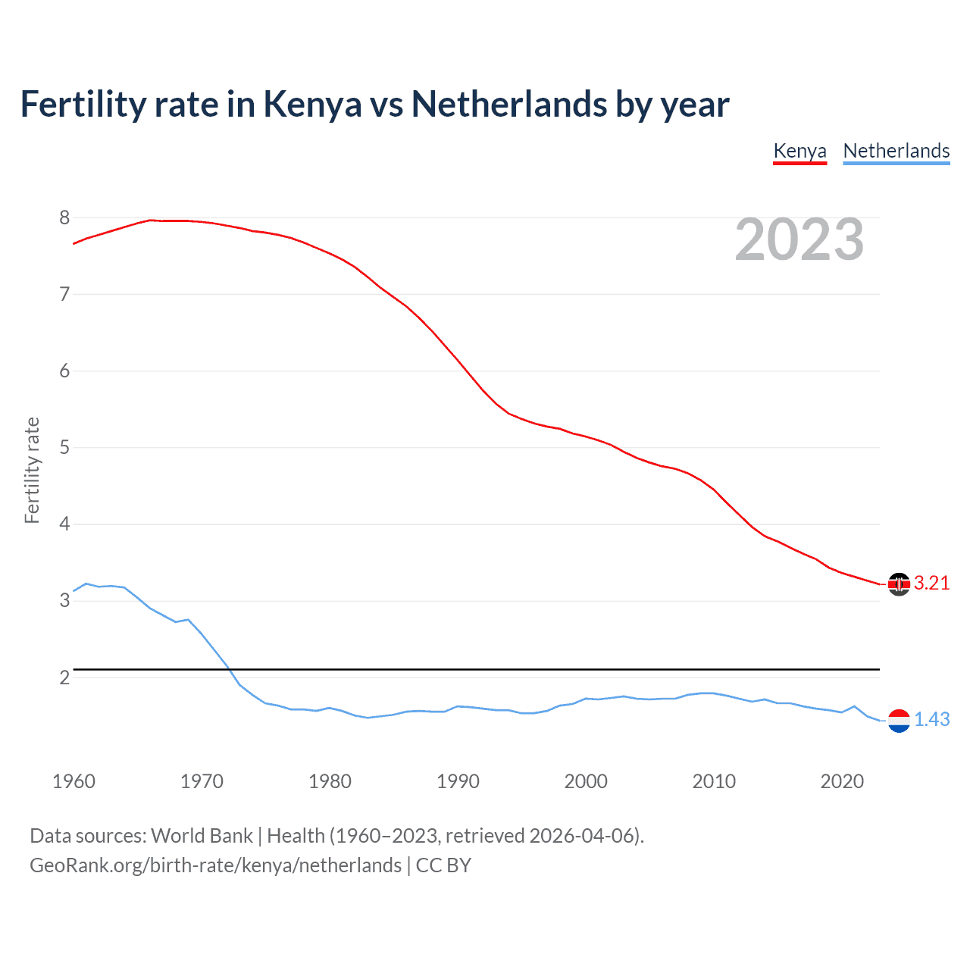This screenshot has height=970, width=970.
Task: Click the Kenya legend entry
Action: point(799,151)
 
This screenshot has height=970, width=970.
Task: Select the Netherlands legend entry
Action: point(896,151)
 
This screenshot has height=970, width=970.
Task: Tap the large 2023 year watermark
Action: point(799,239)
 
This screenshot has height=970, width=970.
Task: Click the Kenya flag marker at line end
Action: point(899,584)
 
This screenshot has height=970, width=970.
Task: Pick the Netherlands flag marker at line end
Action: point(899,720)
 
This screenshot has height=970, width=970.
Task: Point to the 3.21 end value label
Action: point(931,583)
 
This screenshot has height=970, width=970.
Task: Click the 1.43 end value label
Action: point(931,719)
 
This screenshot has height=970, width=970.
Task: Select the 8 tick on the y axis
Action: point(64,218)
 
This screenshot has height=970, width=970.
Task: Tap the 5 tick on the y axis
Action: point(64,448)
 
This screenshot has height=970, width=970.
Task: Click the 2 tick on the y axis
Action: point(64,677)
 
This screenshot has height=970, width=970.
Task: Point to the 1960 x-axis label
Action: point(74,781)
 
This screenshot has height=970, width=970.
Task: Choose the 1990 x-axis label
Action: point(458,781)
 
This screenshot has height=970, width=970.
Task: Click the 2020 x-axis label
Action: point(842,781)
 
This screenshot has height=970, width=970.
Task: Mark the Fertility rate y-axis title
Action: point(32,470)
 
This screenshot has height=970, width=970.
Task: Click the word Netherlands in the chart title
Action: point(509,105)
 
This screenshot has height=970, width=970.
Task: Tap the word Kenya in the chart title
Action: point(312,105)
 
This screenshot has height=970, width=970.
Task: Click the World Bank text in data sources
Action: point(202,836)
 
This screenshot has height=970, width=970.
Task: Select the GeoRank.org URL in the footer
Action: point(215,865)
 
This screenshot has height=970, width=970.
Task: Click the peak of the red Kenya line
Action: point(151,220)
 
